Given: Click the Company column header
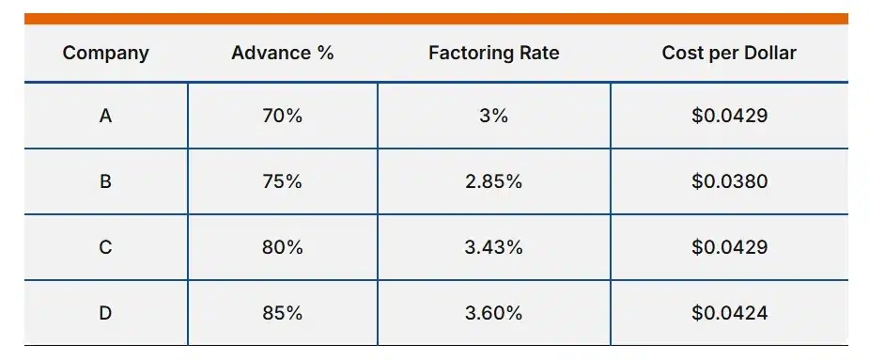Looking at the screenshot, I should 105,53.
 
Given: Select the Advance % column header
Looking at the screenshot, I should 283,53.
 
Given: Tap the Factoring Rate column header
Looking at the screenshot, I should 493,53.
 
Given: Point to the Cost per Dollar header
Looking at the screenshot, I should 729,53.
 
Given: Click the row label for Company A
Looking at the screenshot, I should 105,117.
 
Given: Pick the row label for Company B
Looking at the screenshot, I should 105,181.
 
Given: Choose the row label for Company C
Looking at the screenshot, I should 105,247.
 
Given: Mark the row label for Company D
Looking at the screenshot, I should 105,313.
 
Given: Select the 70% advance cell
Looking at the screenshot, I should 283,117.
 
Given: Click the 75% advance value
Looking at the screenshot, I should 283,181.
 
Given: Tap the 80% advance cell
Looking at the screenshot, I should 283,247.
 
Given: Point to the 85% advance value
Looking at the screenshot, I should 283,313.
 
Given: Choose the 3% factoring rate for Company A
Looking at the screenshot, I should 493,117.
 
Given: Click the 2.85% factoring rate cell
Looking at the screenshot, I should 493,181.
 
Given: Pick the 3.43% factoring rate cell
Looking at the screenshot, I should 493,247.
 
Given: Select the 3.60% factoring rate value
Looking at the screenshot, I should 493,313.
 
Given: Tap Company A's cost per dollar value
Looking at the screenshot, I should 729,117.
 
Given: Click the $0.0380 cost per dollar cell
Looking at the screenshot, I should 729,181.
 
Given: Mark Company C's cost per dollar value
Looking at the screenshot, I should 729,247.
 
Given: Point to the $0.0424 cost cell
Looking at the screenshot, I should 729,313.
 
